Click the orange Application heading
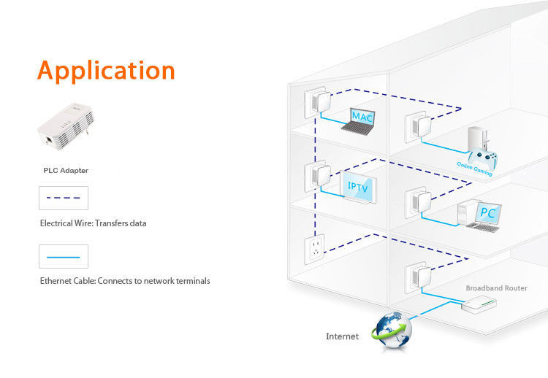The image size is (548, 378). (x=107, y=71)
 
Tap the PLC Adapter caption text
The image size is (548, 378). (x=66, y=171)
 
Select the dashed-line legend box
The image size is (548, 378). (x=64, y=198)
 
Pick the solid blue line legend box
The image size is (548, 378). (x=64, y=256)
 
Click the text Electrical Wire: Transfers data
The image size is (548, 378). (x=93, y=223)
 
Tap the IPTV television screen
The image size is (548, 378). (x=359, y=188)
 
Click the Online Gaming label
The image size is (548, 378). (x=473, y=169)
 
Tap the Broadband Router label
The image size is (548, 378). (x=496, y=288)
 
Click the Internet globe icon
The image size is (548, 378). (x=392, y=330)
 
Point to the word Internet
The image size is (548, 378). (x=342, y=336)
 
